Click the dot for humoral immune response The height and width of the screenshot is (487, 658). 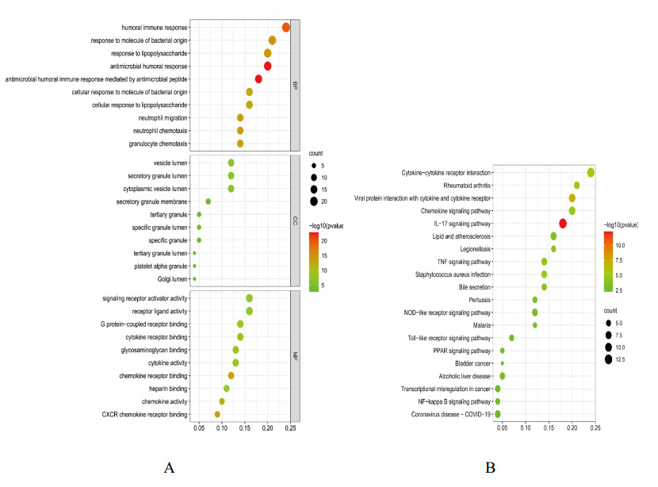click(286, 28)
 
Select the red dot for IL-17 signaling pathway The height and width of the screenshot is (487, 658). click(563, 224)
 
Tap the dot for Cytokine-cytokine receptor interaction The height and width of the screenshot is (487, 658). click(591, 173)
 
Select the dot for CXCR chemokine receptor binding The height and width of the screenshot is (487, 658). click(217, 414)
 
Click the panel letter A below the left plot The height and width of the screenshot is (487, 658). click(168, 467)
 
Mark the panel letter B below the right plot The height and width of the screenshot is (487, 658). click(491, 467)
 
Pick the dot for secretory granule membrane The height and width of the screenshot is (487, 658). click(208, 201)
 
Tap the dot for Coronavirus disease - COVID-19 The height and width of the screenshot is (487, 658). click(498, 414)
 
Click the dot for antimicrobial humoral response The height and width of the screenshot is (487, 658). click(268, 66)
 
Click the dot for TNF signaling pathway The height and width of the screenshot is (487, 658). click(545, 262)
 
